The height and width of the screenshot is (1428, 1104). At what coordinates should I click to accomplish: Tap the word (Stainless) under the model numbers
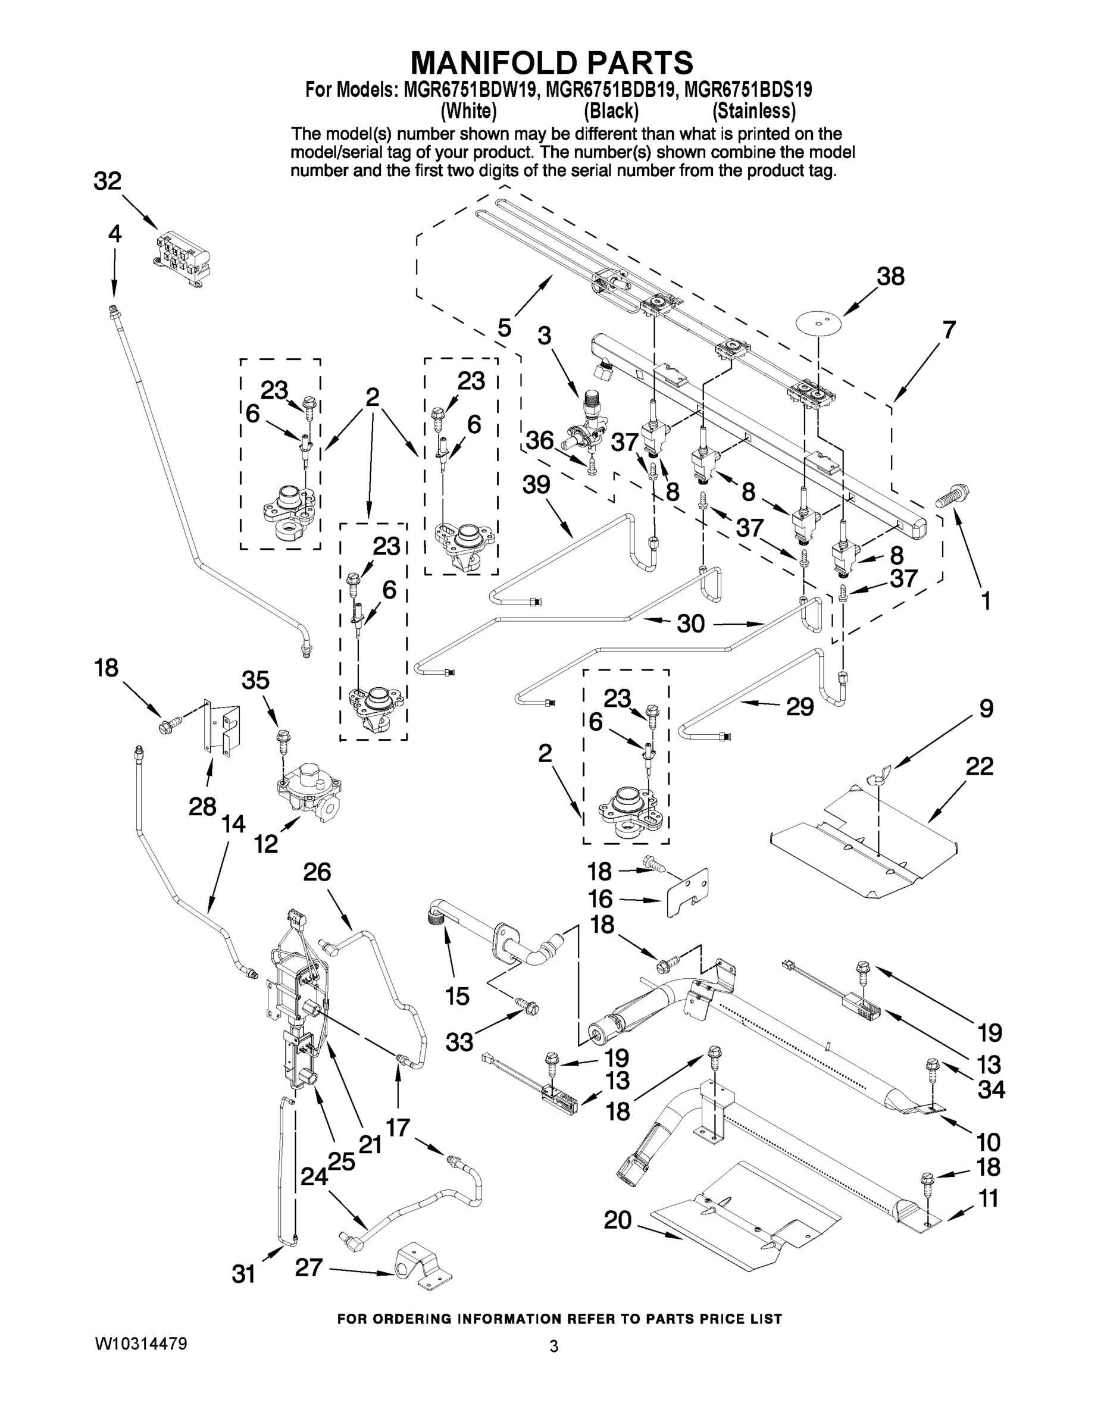tap(753, 111)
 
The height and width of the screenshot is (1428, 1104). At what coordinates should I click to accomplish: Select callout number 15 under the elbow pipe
tap(457, 996)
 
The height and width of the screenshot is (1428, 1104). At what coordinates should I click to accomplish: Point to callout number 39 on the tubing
tap(536, 484)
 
